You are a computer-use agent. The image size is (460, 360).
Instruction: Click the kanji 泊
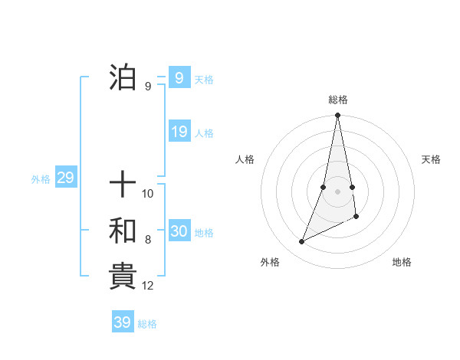(123, 77)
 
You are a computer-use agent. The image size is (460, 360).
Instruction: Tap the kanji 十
(123, 184)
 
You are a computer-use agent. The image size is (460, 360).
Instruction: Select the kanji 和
(123, 231)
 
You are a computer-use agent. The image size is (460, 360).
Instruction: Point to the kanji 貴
(123, 276)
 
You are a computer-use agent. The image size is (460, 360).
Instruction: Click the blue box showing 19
(179, 132)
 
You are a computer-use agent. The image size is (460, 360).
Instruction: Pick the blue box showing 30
(179, 231)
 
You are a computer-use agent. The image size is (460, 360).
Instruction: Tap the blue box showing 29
(65, 178)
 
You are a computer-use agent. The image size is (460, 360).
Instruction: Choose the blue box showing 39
(122, 322)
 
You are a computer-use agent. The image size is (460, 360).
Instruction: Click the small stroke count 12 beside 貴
(148, 286)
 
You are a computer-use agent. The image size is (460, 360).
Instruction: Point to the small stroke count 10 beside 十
(148, 194)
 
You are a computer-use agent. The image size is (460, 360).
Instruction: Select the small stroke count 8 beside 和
(148, 240)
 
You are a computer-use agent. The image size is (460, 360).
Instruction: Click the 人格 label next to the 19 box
(204, 133)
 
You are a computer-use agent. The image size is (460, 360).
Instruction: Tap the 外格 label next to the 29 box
(41, 179)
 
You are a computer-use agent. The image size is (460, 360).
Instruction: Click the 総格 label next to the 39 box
(147, 324)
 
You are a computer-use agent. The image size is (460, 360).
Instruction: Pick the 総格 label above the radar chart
(338, 100)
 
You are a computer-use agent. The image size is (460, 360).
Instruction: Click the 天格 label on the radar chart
(432, 159)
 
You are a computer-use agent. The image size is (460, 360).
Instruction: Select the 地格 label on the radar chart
(402, 262)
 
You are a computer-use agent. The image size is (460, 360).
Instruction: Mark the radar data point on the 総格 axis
(337, 116)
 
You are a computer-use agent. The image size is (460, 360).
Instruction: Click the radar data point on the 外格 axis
(302, 241)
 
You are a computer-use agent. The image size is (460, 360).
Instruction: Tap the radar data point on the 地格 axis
(356, 217)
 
